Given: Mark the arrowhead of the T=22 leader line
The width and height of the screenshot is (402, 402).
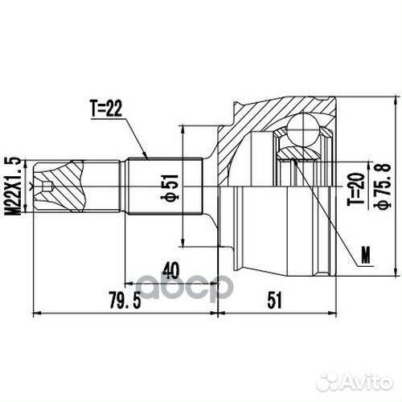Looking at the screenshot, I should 146,155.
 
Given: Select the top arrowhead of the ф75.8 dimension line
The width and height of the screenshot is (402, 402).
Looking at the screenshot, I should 394,103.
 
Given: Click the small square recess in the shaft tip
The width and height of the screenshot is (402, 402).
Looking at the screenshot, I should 50,188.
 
